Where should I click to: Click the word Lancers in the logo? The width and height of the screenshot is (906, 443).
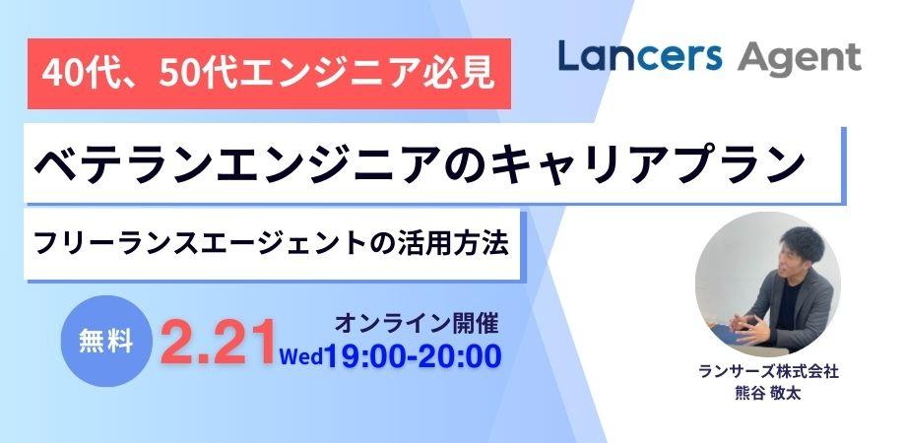pos(639,57)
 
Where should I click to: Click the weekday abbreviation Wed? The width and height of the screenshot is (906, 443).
pos(302,356)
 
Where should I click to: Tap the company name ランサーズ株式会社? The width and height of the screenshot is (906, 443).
pos(768,373)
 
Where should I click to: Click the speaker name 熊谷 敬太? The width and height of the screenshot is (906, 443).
pos(767,395)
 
